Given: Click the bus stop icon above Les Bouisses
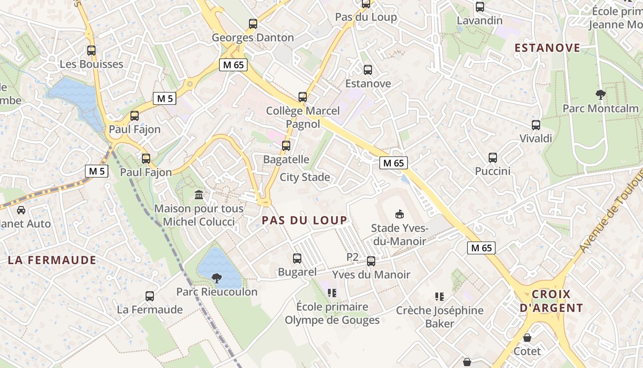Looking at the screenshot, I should click(x=91, y=51).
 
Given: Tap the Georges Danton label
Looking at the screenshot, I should click(x=253, y=38).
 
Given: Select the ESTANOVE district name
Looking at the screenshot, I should click(x=547, y=48).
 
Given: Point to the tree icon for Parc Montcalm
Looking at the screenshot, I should click(x=600, y=95).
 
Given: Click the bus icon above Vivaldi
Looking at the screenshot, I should click(x=536, y=125).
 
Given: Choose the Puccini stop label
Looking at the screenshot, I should click(x=492, y=171).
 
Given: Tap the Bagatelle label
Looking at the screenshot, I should click(x=286, y=159).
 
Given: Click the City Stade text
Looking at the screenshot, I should click(x=305, y=177).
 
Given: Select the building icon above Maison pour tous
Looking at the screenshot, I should click(x=199, y=195).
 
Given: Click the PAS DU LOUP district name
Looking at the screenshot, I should click(x=304, y=220).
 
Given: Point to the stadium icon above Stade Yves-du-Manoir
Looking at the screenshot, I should click(x=399, y=214).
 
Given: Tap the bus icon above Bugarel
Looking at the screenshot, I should click(x=297, y=259).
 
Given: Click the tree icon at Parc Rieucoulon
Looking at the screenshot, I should click(x=216, y=278).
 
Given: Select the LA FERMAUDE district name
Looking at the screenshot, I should click(x=52, y=260).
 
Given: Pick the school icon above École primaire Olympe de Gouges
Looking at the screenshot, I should click(x=332, y=293).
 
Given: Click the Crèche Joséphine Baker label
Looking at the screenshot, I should click(x=440, y=316).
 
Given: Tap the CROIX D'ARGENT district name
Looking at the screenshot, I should click(x=551, y=301).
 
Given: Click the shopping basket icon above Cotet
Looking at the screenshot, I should click(x=527, y=338).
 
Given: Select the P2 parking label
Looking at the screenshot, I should click(x=352, y=257).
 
